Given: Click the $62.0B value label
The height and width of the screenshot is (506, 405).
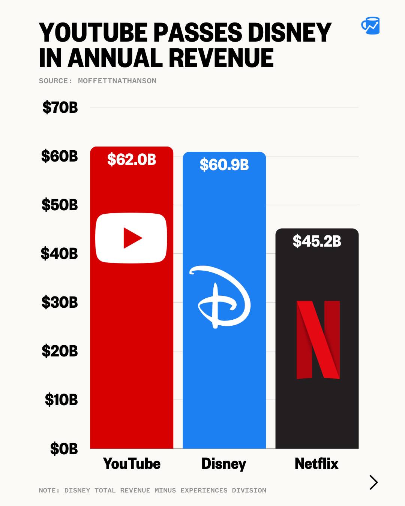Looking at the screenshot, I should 132,160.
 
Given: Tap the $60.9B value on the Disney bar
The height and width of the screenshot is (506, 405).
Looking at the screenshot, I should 224,165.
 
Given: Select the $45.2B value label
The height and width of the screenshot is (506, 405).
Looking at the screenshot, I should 317,241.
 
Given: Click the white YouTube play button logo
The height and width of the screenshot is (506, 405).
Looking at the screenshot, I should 131,238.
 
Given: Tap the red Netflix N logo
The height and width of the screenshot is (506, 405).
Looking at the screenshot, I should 318,340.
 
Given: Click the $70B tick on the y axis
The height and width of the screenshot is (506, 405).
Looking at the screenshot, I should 60,108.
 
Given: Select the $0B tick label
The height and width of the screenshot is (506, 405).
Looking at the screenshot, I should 64,449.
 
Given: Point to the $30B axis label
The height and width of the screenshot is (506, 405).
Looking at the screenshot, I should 60,302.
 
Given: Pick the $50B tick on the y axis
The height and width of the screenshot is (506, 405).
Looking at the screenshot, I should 60,205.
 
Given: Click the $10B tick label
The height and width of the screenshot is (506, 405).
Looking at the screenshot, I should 61,400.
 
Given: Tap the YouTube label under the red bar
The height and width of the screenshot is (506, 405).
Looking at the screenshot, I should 132,464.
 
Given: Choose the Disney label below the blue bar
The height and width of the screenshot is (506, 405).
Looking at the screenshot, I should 224,464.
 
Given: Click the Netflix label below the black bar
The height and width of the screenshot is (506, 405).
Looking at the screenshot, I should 316,464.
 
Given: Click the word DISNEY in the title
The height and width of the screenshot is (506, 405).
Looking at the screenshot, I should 289,33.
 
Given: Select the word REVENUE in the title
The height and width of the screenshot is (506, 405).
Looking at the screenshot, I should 221,58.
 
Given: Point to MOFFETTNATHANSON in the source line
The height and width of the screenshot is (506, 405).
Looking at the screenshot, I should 117,81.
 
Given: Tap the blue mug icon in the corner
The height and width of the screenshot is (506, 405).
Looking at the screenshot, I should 370,26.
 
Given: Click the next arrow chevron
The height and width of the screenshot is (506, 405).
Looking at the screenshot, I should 373,482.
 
